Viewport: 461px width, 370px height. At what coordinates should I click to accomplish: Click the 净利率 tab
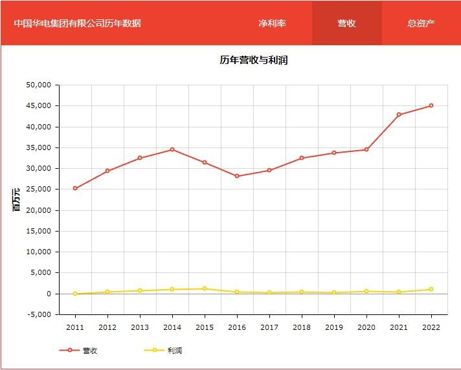[272, 23]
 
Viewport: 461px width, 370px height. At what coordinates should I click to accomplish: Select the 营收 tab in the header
[346, 23]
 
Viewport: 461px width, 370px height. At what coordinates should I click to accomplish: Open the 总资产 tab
[421, 23]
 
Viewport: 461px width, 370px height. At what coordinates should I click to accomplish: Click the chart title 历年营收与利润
[253, 60]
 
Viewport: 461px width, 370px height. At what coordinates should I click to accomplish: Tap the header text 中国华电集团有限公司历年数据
[78, 23]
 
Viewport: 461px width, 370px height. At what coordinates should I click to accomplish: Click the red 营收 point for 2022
[431, 105]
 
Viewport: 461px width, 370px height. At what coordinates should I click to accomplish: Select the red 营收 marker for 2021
[399, 114]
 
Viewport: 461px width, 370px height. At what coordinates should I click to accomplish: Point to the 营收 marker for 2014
[172, 149]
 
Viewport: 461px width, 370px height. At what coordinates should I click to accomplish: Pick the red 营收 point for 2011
[75, 188]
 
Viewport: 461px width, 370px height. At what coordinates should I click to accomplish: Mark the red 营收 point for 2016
[237, 176]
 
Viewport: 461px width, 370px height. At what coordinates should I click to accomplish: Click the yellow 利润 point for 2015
[205, 288]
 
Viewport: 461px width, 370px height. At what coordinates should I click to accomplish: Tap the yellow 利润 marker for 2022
[431, 289]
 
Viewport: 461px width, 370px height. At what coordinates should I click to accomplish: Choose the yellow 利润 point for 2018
[302, 292]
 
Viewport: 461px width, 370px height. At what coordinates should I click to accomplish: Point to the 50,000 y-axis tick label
[38, 85]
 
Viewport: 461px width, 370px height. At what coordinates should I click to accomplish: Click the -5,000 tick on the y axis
[38, 314]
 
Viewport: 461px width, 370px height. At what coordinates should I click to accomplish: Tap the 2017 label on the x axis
[269, 327]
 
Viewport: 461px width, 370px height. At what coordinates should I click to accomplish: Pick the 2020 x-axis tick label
[366, 327]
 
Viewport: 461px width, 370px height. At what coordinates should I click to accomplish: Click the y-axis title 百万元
[17, 199]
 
